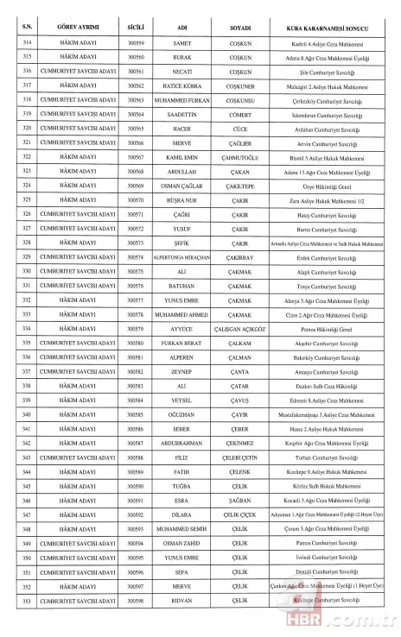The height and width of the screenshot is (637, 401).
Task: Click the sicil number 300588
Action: [136, 457]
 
